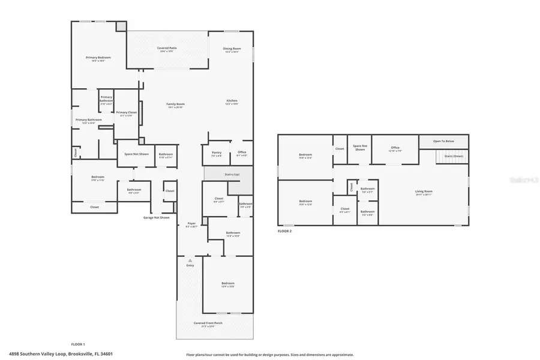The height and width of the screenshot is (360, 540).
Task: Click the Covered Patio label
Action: pos(167,47)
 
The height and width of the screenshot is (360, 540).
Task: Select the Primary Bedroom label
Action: pos(98,58)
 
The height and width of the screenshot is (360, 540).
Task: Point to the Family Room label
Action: pos(175,104)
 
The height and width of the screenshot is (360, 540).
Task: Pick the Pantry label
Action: pos(217,152)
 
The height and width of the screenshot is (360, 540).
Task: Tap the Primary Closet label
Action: pos(126,112)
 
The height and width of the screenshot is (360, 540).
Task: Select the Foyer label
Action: pos(191,223)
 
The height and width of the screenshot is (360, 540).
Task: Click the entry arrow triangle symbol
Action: pos(190,261)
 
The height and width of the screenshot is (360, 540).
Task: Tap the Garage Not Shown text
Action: pos(156,217)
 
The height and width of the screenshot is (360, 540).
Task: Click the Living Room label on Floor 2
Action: pos(424,191)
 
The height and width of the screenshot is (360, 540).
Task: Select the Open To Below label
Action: pos(443,141)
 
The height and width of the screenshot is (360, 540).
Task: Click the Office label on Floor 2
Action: pos(395,147)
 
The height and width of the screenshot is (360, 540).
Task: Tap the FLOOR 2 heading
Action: pos(284,230)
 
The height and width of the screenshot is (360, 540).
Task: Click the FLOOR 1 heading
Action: pos(78,344)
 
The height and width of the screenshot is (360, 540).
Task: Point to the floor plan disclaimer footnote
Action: pos(270,354)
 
